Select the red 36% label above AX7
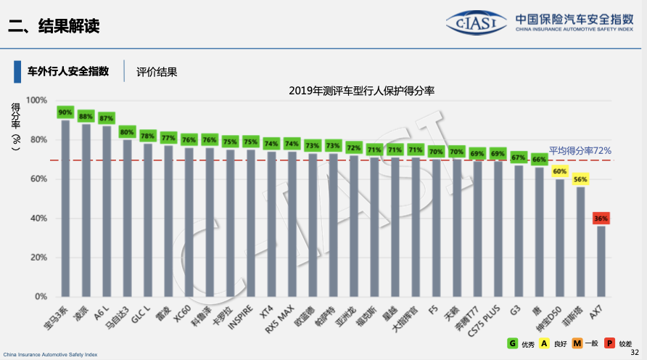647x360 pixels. click(601, 218)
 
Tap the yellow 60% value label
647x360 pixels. click(559, 171)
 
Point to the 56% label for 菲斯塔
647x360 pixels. click(580, 179)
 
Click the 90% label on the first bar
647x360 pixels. click(65, 112)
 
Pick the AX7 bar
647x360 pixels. click(601, 261)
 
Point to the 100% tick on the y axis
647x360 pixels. click(37, 100)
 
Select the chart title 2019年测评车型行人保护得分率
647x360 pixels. click(360, 91)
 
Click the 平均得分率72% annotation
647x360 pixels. click(580, 150)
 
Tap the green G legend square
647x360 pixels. click(512, 343)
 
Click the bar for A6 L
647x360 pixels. click(107, 211)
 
